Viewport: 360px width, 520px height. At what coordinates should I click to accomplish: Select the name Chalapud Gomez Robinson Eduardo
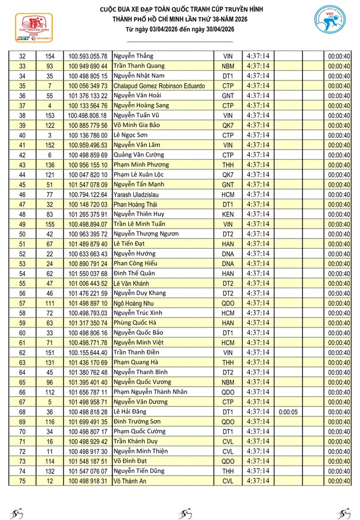tap(159, 86)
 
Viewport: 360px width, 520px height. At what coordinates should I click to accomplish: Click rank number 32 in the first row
tap(23, 56)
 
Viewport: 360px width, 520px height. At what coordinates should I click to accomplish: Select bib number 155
tap(49, 224)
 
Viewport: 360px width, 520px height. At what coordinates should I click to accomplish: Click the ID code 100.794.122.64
tap(88, 194)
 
